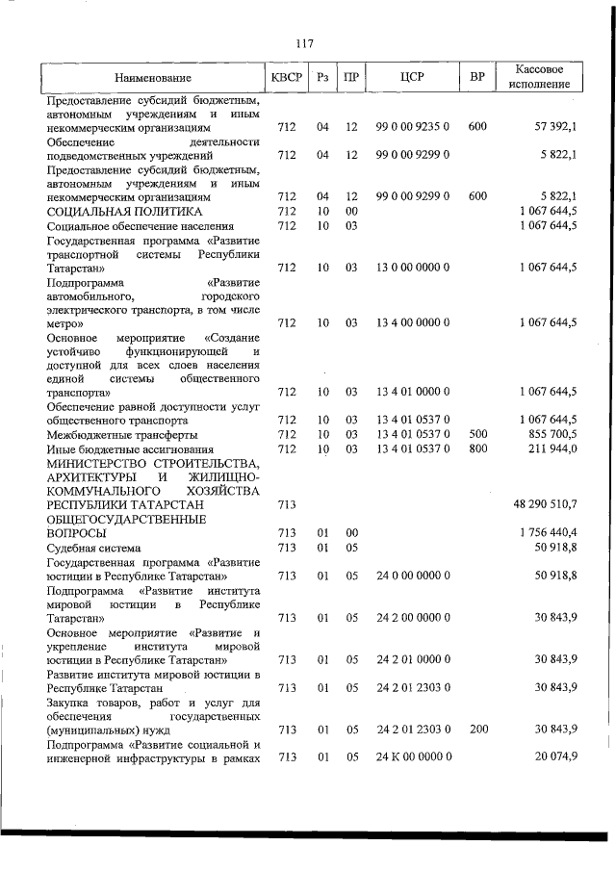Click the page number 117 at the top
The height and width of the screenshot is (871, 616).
pyautogui.click(x=306, y=43)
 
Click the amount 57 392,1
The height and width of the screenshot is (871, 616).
pyautogui.click(x=555, y=127)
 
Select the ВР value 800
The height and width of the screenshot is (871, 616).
pyautogui.click(x=477, y=448)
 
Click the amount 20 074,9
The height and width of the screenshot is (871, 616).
pyautogui.click(x=555, y=756)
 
